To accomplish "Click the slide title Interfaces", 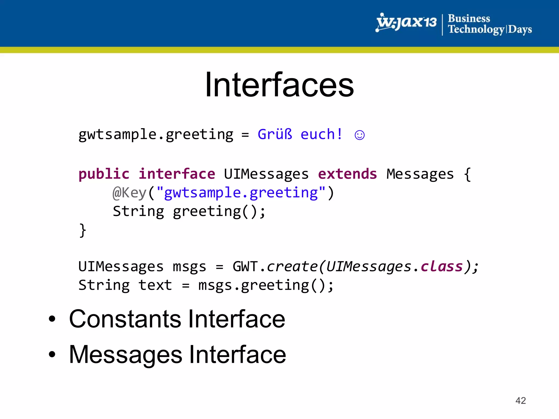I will tap(279, 85).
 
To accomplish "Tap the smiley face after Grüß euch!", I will tap(359, 135).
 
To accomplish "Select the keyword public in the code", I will tap(104, 174).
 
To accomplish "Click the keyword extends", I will tap(347, 174).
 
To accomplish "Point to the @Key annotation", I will tap(130, 193).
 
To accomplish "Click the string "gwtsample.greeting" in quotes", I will tap(241, 193).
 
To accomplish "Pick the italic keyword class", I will tap(442, 267).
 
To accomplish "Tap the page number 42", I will tap(521, 400).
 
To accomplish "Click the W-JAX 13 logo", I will tap(406, 23).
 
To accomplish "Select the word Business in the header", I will tap(469, 19).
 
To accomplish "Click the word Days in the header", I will tap(520, 29).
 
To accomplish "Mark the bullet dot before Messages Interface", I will tap(52, 354).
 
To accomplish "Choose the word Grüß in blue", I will tap(275, 134).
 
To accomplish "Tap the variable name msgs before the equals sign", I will tap(189, 267).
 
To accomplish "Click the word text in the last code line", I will tap(155, 285).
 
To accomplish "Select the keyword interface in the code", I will tap(177, 174).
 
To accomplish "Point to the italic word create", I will tap(292, 267).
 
